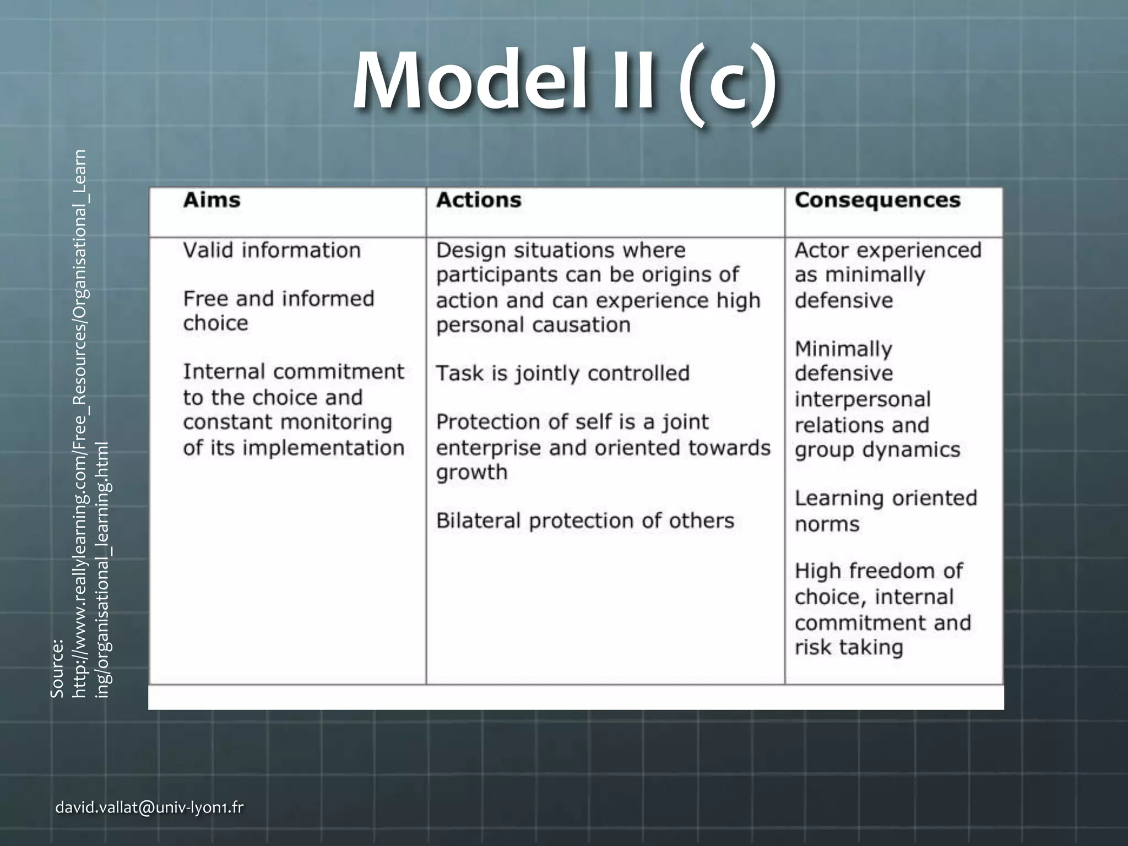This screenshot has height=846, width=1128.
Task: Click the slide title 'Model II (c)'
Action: (x=565, y=83)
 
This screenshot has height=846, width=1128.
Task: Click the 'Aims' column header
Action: (x=211, y=200)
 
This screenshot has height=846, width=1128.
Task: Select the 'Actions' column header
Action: (x=479, y=200)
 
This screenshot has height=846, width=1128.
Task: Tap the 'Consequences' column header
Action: (x=877, y=200)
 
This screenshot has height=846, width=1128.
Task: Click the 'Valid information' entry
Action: (x=272, y=251)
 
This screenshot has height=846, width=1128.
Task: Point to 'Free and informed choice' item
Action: (x=278, y=311)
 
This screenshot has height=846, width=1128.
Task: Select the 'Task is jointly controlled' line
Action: (x=562, y=373)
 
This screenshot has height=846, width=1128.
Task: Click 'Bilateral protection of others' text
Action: (x=585, y=520)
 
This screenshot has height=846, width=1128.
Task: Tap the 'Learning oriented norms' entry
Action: (x=886, y=511)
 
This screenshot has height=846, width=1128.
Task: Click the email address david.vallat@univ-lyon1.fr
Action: (x=149, y=807)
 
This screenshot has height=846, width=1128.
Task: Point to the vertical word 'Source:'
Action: (x=57, y=668)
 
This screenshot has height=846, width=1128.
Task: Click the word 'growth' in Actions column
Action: (x=471, y=473)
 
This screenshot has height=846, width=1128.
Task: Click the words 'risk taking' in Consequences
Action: (x=849, y=647)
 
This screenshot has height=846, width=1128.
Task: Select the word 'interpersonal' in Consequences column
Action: (x=863, y=399)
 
